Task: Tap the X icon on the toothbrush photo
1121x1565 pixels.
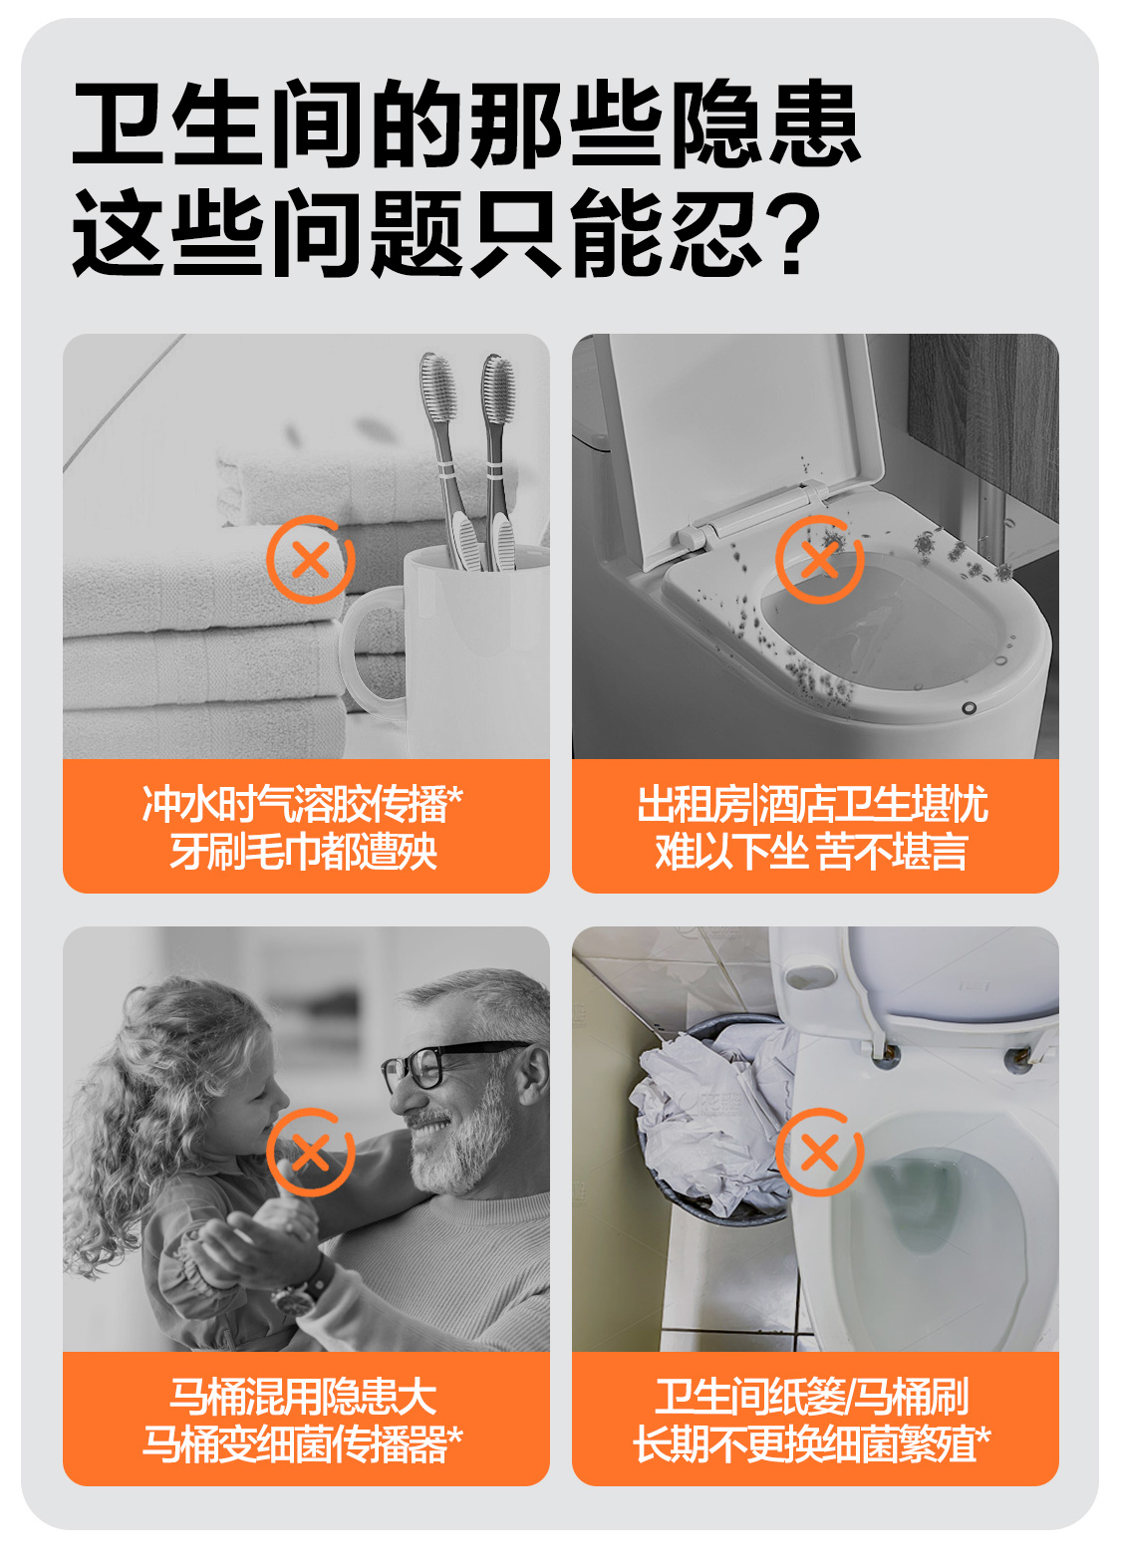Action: (311, 560)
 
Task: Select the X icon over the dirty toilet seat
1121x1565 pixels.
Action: (820, 560)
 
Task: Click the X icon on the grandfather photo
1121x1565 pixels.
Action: (311, 1153)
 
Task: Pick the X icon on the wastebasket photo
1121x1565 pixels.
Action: (820, 1153)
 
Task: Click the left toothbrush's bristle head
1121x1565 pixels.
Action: (437, 388)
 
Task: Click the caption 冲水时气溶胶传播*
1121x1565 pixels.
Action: (303, 804)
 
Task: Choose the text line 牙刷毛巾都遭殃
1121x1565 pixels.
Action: (303, 851)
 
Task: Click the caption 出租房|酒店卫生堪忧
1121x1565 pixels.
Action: (813, 804)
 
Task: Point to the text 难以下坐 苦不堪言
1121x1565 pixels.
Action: (811, 851)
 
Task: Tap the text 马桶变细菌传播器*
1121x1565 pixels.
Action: (303, 1444)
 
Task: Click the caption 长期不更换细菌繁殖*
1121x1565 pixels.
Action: (812, 1444)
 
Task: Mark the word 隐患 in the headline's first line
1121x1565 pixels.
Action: (764, 124)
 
